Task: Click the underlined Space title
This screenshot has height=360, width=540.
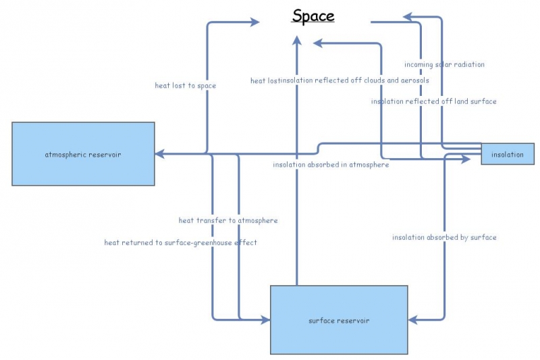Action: coord(313,16)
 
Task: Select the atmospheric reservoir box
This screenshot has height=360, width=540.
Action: coord(83,154)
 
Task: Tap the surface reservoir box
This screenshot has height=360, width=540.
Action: coord(339,319)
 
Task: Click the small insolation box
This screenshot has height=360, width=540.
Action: coord(508,154)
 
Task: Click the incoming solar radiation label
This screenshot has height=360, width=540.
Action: coord(444,65)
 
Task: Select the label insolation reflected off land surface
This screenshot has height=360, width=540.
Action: coord(433,101)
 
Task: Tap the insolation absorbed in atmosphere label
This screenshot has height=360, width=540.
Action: coord(331,165)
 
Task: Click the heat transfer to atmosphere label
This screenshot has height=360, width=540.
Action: coord(227,220)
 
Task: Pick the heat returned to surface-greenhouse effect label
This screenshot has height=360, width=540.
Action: coord(180,242)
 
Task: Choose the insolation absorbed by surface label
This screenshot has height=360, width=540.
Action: coord(444,237)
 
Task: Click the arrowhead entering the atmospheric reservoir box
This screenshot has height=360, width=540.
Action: coord(159,154)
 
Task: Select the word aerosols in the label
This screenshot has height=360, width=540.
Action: coord(414,81)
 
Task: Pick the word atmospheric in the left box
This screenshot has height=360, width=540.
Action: coord(66,154)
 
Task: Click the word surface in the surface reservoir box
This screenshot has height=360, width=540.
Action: coord(321,320)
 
